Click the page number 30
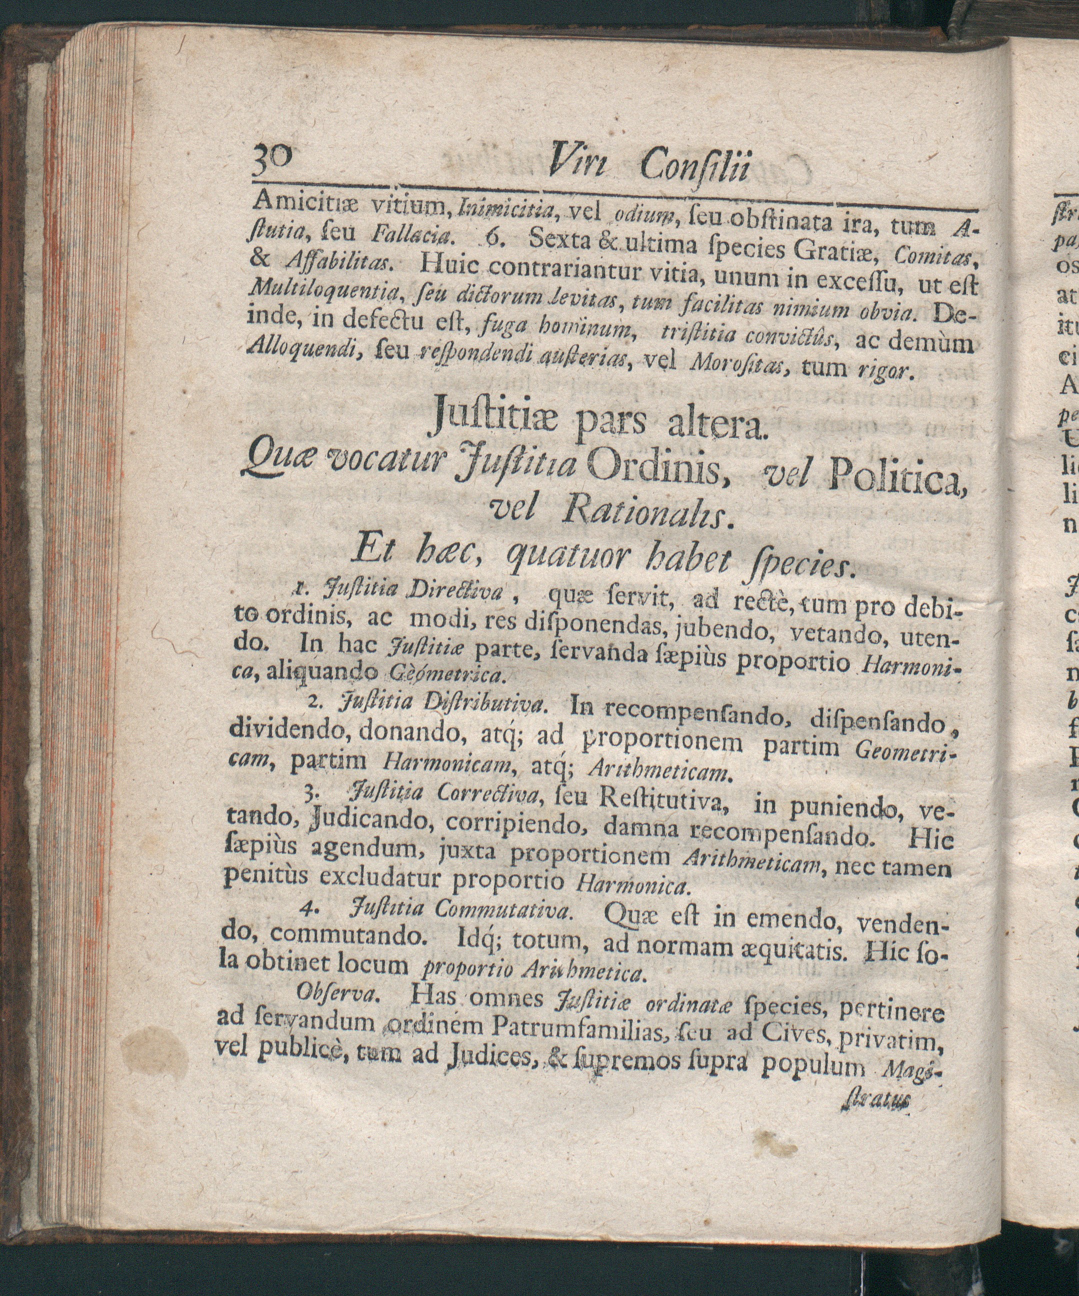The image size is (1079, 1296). point(274,166)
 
